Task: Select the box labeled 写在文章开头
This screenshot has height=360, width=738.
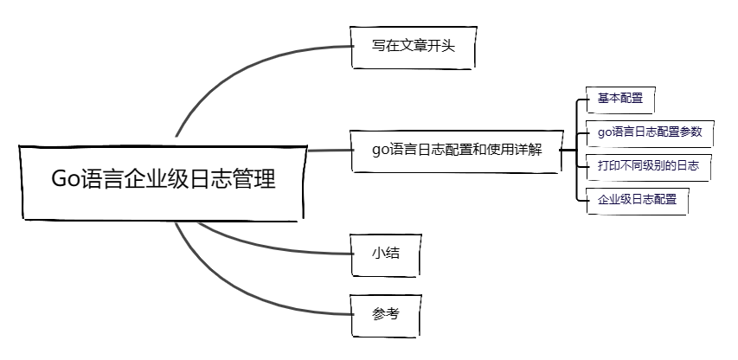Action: (x=414, y=47)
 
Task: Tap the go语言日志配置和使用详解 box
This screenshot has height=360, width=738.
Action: (x=457, y=149)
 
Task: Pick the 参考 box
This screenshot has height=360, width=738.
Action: (x=385, y=314)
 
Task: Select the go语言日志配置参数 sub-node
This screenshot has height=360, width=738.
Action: (x=649, y=132)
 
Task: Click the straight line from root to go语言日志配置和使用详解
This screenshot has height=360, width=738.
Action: (x=329, y=151)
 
